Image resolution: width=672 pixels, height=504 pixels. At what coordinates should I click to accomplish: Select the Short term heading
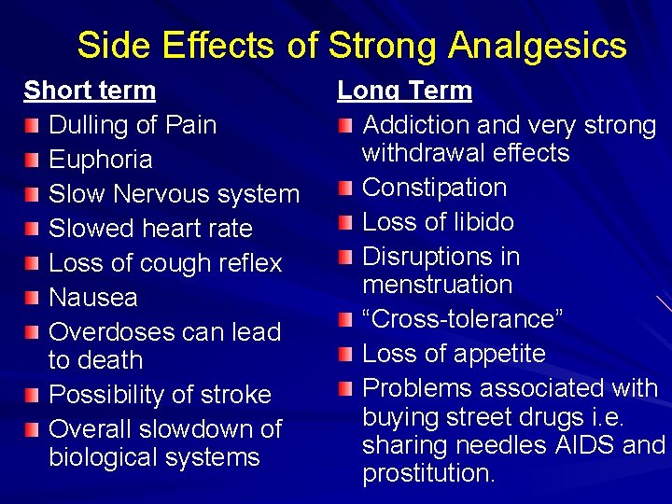90,91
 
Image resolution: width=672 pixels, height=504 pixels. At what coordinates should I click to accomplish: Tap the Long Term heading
404,91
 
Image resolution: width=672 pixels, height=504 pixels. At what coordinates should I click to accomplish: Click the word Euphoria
100,160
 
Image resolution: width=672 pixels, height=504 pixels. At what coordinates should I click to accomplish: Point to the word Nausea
92,298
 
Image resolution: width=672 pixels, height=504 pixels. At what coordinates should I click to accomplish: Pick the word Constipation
434,188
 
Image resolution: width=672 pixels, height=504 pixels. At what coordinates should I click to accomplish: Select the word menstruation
437,285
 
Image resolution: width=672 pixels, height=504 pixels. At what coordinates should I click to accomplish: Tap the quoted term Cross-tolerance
462,319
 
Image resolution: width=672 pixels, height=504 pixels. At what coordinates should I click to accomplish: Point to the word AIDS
586,445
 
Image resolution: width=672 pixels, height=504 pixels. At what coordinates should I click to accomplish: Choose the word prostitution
427,473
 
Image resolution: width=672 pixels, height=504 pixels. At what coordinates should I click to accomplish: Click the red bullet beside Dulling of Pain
33,126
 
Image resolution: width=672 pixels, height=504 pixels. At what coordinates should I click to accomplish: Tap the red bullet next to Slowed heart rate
33,230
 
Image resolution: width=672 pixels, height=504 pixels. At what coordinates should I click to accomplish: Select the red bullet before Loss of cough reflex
33,264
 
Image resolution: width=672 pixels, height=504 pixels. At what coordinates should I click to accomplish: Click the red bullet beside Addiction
346,126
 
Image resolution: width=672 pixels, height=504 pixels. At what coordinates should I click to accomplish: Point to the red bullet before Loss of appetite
346,355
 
